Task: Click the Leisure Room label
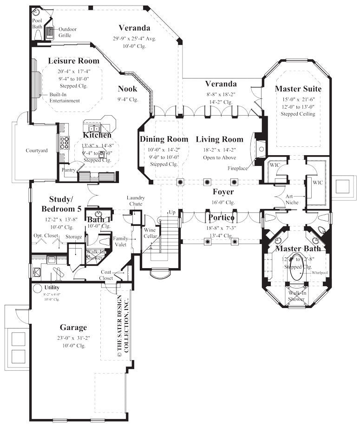pos(74,61)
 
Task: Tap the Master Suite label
pos(298,88)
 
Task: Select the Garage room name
pos(73,327)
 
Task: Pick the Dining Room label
pos(164,139)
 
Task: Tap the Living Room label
pos(219,139)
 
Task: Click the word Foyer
pos(223,191)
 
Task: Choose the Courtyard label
pos(37,150)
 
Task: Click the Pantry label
pos(68,170)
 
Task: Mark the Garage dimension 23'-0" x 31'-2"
pos(73,338)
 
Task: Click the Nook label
pos(127,89)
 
